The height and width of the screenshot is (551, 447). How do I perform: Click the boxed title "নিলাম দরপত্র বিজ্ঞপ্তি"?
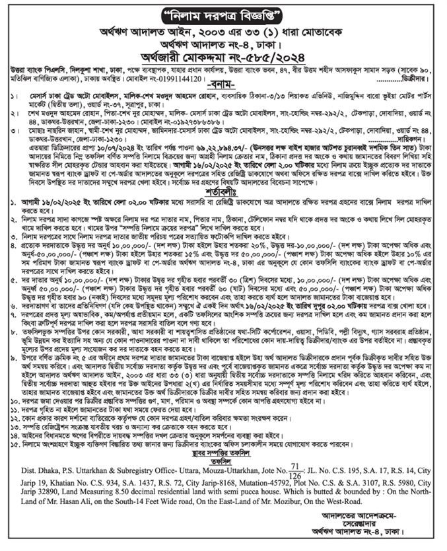pyautogui.click(x=223, y=14)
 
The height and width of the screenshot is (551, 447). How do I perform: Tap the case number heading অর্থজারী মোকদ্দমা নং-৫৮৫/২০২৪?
pyautogui.click(x=223, y=55)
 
